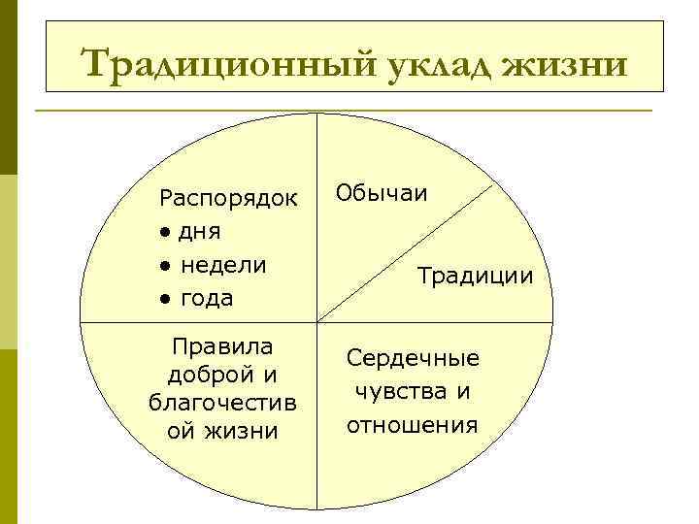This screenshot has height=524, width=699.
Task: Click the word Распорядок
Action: [x=229, y=199]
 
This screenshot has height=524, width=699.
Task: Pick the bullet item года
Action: [x=207, y=298]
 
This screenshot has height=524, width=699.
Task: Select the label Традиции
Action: [x=476, y=276]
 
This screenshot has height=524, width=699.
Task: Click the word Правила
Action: [x=221, y=346]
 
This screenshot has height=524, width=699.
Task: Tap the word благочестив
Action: [x=222, y=402]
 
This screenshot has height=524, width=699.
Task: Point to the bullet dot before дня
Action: [x=167, y=233]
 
